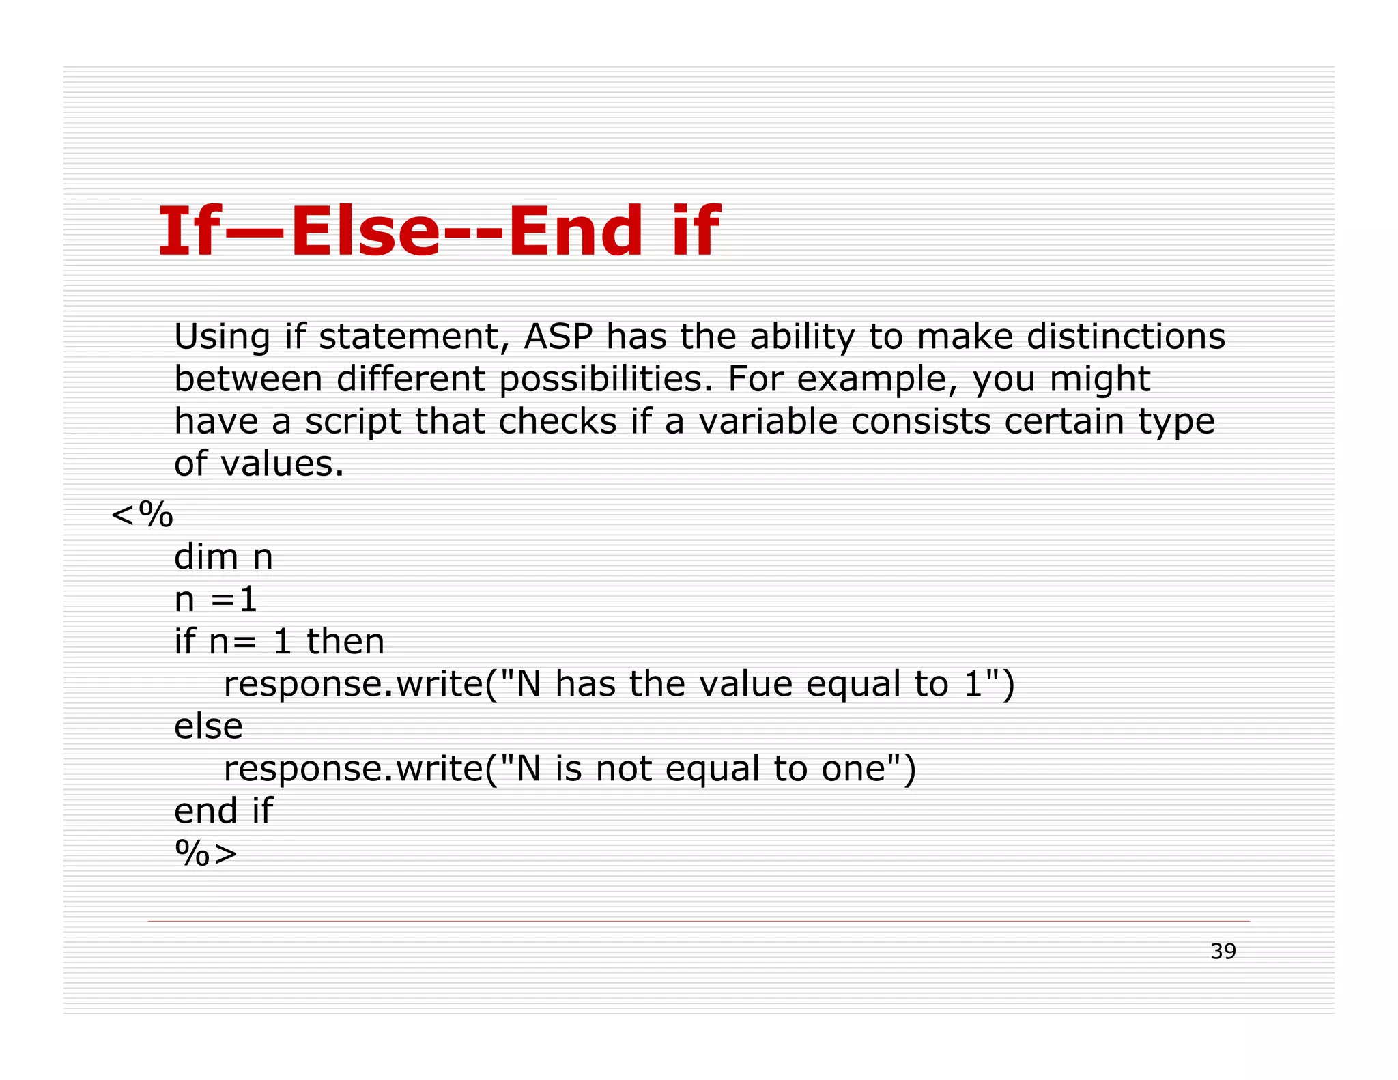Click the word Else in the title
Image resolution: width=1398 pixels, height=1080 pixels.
tap(365, 232)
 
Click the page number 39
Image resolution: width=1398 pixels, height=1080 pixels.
tap(1223, 951)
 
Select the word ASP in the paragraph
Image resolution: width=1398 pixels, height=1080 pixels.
tap(558, 337)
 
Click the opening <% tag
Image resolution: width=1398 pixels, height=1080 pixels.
tap(142, 514)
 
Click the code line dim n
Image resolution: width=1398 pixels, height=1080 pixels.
tap(223, 557)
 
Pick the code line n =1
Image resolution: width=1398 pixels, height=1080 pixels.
tap(215, 599)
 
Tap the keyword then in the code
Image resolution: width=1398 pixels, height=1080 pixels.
tap(345, 642)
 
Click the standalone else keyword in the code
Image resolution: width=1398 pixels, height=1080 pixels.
tap(208, 726)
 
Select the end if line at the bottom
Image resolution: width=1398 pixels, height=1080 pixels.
tap(223, 811)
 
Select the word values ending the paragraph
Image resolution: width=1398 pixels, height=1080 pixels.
tap(283, 464)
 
